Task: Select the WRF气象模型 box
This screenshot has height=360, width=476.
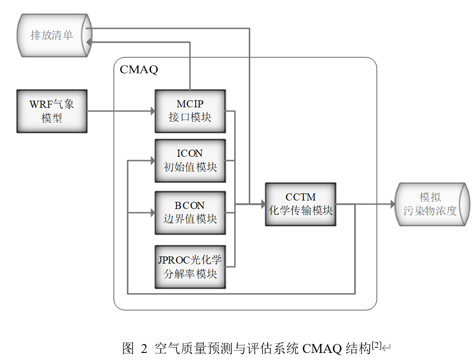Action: (x=52, y=111)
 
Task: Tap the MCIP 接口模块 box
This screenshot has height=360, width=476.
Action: (x=190, y=111)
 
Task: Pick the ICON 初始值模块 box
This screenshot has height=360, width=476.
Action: (x=190, y=160)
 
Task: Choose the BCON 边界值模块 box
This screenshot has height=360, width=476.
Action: (x=190, y=213)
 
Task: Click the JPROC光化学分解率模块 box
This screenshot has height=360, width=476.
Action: (x=190, y=267)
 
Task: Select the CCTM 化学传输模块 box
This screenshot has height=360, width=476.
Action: (x=301, y=204)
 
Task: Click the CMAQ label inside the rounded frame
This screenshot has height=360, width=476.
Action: (x=139, y=70)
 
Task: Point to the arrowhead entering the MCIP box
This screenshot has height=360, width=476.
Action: (x=152, y=112)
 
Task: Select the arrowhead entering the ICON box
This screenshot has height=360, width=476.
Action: (x=152, y=161)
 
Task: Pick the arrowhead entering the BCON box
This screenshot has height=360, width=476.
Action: (x=152, y=213)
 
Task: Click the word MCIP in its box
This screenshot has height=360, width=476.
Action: (x=190, y=104)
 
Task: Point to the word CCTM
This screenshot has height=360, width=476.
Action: (x=301, y=197)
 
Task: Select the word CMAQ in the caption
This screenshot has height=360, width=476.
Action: (x=322, y=349)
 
